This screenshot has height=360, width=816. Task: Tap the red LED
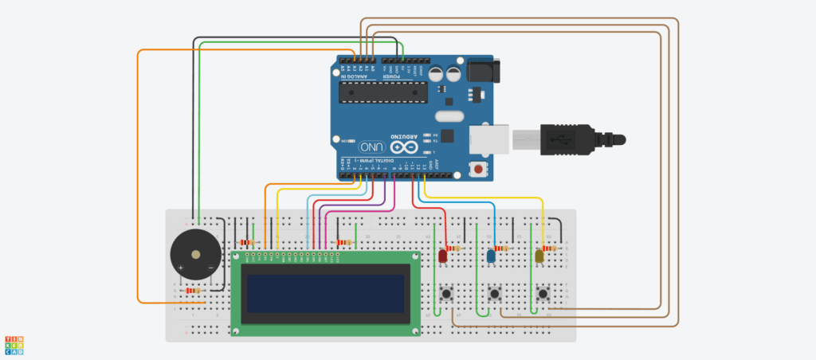(442, 256)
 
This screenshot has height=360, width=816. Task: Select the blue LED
(490, 256)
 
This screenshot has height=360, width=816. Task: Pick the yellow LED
(539, 256)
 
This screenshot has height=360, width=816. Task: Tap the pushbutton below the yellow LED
(543, 294)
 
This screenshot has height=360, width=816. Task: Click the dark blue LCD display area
(325, 293)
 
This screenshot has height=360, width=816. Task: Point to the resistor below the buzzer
(192, 291)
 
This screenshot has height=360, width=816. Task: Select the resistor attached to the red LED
(455, 248)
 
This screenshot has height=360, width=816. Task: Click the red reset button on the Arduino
(478, 169)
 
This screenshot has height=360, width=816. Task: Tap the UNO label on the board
(372, 147)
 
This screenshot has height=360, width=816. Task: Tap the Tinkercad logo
(14, 345)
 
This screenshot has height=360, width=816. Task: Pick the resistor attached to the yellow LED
(551, 248)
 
